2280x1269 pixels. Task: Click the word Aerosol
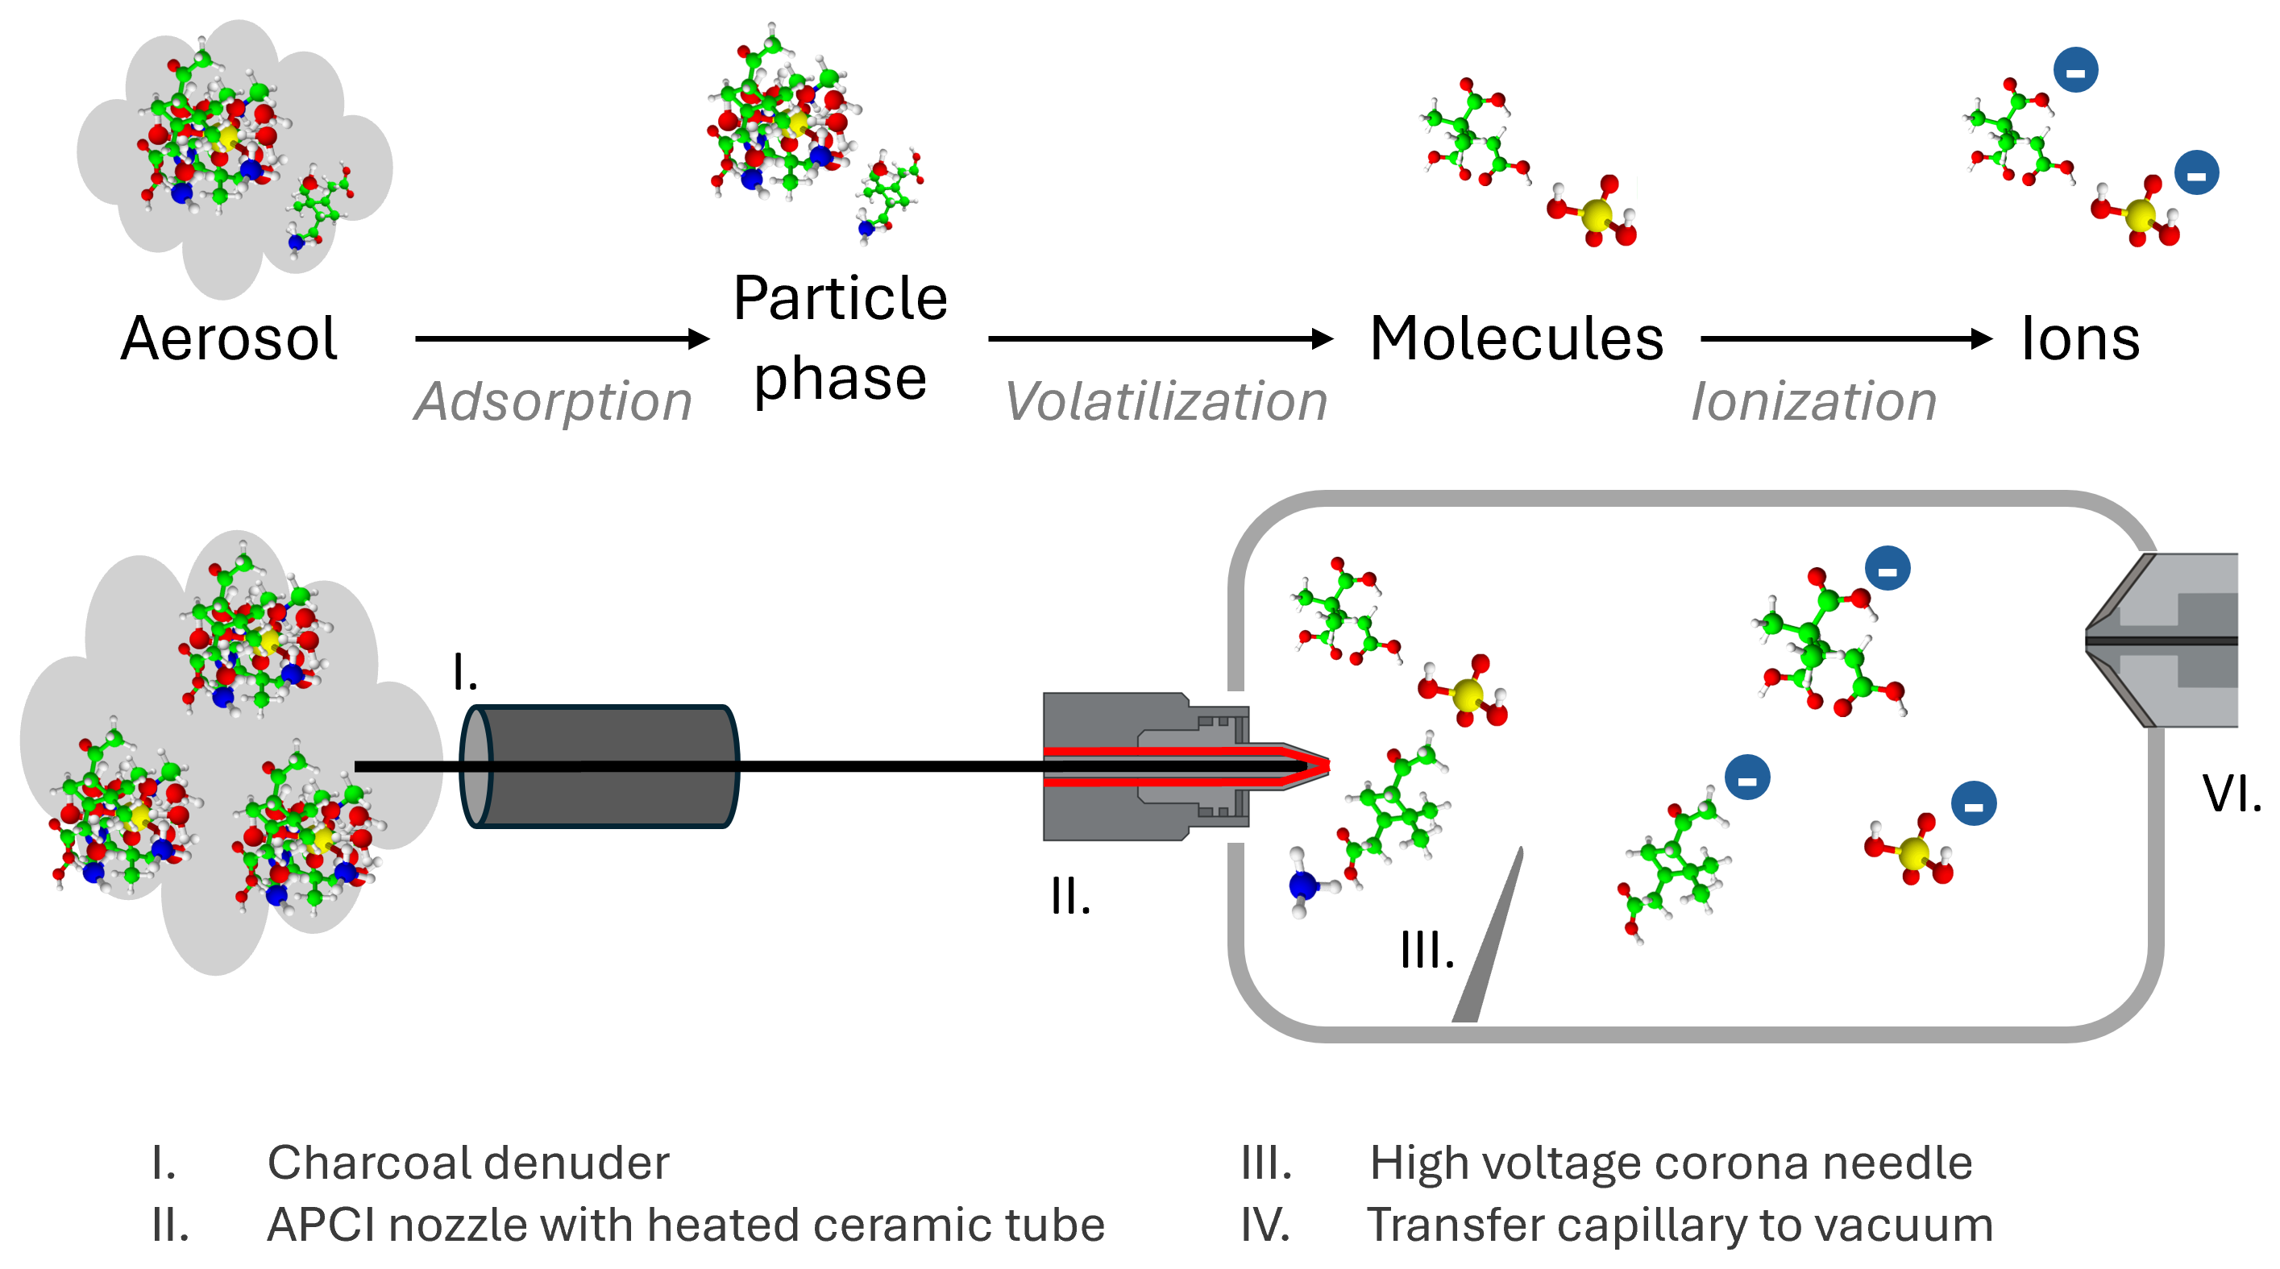coord(228,339)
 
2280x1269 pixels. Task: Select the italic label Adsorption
coord(552,403)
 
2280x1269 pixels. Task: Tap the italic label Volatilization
coord(1165,403)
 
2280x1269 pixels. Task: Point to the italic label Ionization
coord(1813,403)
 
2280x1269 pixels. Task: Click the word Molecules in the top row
coord(1516,339)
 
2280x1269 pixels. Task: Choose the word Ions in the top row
coord(2080,339)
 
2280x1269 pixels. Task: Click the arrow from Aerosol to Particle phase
coord(561,338)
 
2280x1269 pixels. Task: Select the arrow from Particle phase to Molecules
coord(1160,338)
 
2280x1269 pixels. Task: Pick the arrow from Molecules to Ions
coord(1846,338)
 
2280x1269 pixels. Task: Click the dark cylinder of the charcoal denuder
coord(602,766)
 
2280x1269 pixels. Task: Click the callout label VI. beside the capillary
coord(2231,794)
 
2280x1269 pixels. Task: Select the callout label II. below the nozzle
coord(1070,898)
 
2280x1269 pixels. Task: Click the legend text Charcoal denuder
coord(467,1163)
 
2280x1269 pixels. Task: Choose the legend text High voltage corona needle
coord(1670,1163)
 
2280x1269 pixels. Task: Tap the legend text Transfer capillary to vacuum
coord(1679,1225)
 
